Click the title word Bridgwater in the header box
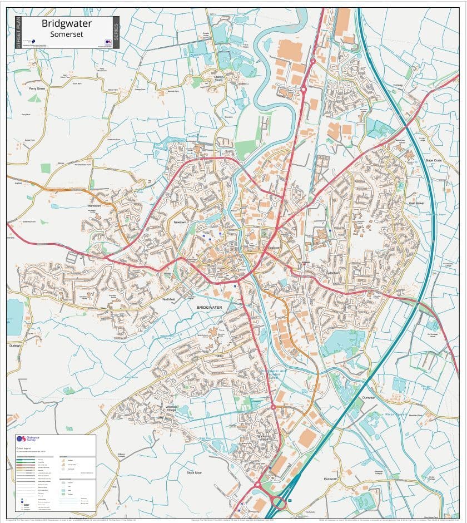67,24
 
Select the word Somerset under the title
66,34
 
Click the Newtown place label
180,222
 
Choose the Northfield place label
168,299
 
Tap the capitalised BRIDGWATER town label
209,307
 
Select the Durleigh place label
14,345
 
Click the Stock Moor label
194,472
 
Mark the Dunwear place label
369,398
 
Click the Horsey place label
398,85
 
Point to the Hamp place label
218,354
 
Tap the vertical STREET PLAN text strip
18,32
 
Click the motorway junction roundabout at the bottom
279,504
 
